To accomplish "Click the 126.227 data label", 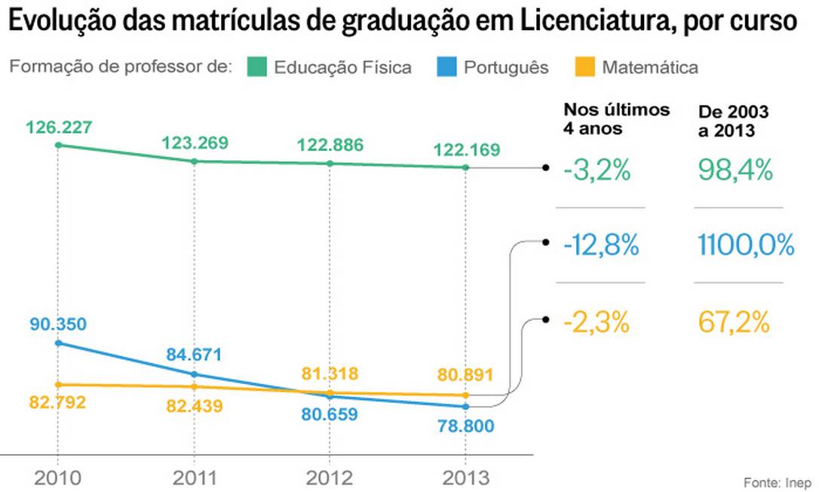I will click(x=59, y=128).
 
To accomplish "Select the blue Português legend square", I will click(x=446, y=68).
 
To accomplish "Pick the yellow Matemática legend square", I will click(x=584, y=68).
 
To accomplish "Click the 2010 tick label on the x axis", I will click(x=58, y=478).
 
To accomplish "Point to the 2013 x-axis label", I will click(x=465, y=478).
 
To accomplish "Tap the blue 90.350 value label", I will click(x=58, y=324).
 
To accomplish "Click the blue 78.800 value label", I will click(x=465, y=426).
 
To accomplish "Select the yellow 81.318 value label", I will click(x=330, y=374).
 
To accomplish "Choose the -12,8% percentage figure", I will click(x=601, y=246).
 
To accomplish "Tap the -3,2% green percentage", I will click(x=597, y=171).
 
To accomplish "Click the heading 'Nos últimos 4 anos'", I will click(x=616, y=118).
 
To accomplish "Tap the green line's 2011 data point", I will click(x=195, y=161).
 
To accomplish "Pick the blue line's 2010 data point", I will click(x=58, y=343).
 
